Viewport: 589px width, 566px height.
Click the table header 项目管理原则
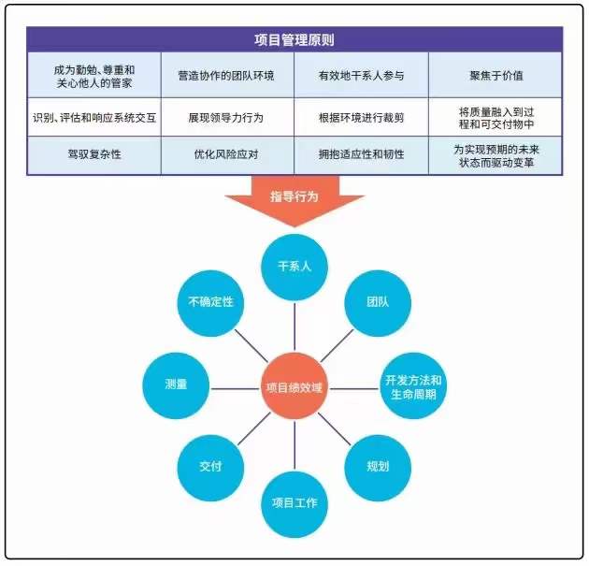point(294,40)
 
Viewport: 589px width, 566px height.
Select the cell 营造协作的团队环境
point(227,75)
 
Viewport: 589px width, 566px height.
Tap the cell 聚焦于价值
point(496,75)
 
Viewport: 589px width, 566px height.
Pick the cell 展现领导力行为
point(227,117)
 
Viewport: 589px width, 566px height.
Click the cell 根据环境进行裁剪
point(361,117)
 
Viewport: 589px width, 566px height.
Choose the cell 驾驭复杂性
point(94,155)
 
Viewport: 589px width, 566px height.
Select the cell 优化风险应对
point(227,155)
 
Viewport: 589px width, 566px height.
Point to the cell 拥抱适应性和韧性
point(361,155)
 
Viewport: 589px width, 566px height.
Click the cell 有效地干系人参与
point(361,75)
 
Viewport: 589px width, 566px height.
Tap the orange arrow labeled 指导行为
point(294,201)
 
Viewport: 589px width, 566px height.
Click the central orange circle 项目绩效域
point(294,386)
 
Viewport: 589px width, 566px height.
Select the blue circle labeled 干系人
point(294,268)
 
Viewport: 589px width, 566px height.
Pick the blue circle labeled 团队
point(378,303)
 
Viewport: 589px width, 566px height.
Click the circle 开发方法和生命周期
point(413,386)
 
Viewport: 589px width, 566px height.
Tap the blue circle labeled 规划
point(378,468)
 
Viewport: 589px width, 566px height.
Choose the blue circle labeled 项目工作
point(294,503)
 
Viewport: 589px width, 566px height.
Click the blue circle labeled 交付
point(210,468)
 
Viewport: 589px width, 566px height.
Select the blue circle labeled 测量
point(176,386)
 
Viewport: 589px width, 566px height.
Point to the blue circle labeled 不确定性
point(210,303)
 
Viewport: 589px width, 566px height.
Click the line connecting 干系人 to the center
point(294,327)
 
